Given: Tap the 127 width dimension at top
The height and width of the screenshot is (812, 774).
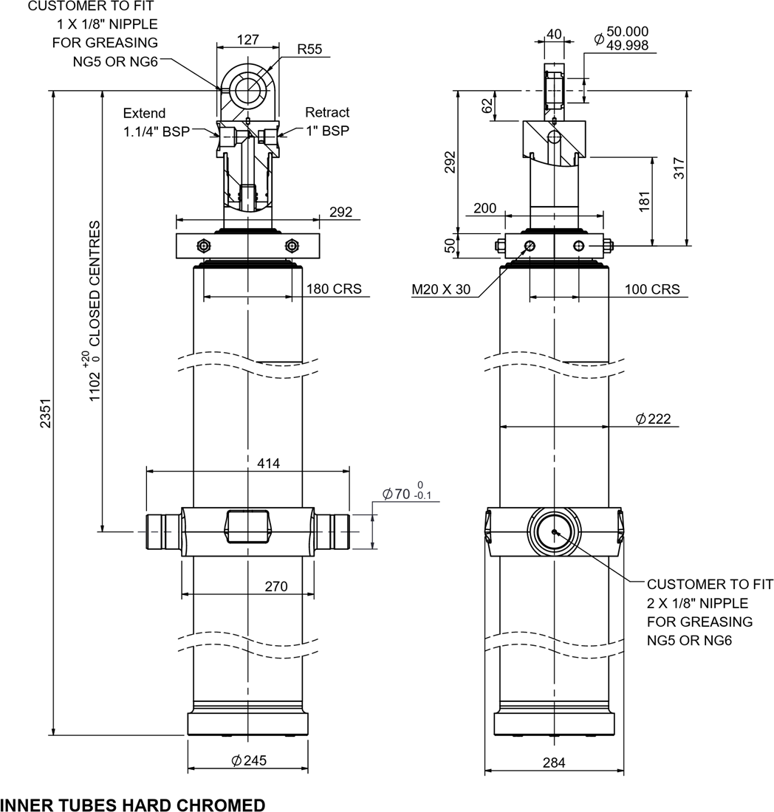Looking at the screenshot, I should click(249, 40).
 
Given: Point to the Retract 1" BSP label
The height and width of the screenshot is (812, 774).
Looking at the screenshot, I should click(328, 122).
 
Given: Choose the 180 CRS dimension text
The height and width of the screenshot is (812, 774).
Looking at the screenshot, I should click(335, 289).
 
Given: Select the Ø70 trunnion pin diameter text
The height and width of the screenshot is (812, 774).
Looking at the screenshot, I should click(406, 494).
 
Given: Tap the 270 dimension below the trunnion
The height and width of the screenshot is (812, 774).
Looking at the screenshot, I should click(275, 587).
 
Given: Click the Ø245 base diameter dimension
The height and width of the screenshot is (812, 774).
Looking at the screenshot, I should click(249, 760).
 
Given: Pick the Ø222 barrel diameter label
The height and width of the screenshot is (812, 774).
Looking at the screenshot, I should click(653, 419).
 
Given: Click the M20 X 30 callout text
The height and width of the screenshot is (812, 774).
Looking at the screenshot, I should click(441, 289).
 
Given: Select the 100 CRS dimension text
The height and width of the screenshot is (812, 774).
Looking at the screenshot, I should click(652, 289).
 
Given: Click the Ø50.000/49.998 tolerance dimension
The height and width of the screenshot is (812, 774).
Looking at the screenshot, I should click(621, 38).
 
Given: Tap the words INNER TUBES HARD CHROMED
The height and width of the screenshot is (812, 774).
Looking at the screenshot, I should click(132, 805).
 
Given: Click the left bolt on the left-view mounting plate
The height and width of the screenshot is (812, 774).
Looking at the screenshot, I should click(204, 245).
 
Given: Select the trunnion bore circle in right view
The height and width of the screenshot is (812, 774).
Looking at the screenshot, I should click(554, 531).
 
